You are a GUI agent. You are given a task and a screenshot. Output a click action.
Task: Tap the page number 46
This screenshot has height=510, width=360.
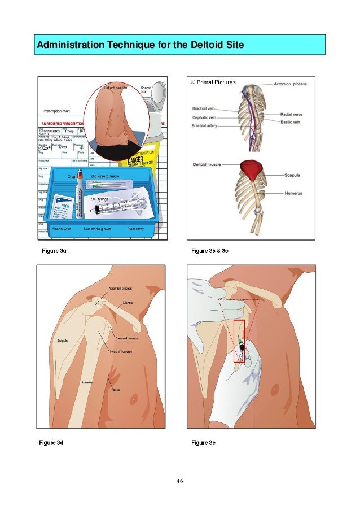tap(179, 481)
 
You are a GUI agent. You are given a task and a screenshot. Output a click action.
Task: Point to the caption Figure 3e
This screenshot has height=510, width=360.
tap(204, 443)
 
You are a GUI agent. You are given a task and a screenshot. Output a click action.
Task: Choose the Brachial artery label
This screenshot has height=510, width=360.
tap(207, 125)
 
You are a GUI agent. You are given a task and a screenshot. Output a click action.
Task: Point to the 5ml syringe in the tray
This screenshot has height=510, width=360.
tap(113, 208)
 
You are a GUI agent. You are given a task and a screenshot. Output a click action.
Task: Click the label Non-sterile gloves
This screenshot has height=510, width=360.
tap(99, 230)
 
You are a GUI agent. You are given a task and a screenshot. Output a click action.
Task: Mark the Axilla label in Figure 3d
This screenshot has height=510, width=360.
tap(116, 390)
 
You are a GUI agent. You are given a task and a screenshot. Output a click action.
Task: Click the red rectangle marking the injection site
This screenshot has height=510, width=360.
tap(239, 341)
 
